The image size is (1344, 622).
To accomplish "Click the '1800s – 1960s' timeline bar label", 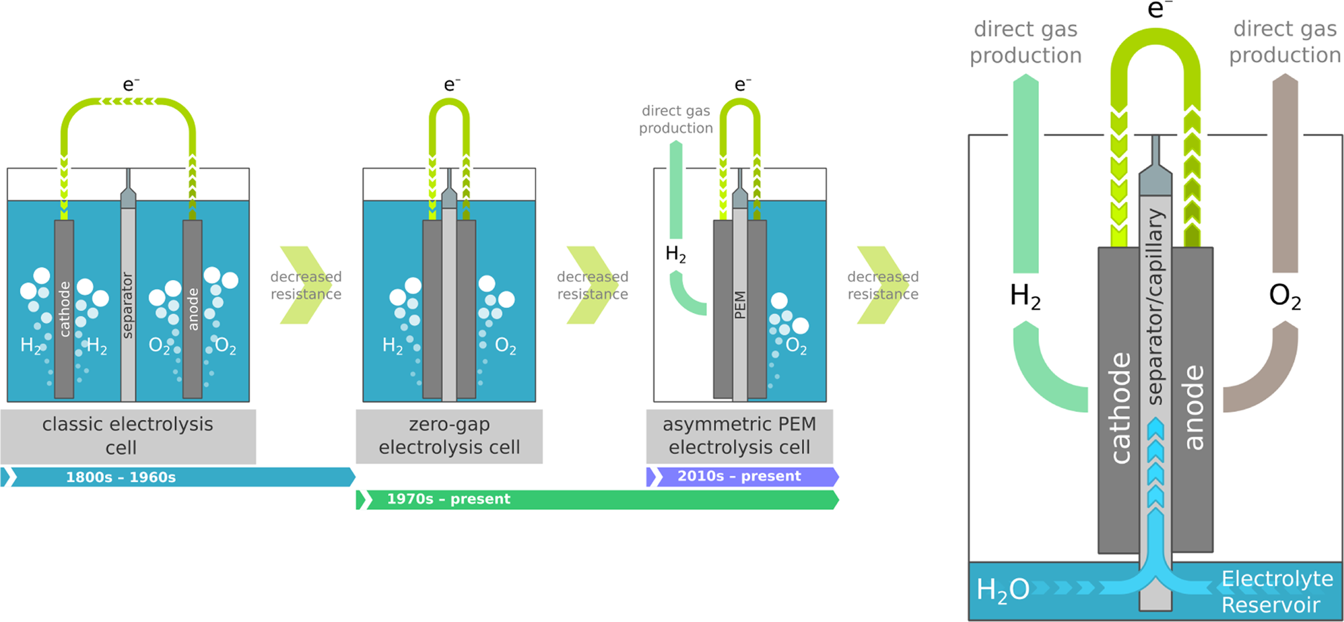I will click(121, 477).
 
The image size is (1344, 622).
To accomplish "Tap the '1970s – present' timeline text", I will click(448, 499).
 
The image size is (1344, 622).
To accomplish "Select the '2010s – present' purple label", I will click(739, 477).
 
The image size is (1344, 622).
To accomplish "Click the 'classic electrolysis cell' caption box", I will click(127, 436).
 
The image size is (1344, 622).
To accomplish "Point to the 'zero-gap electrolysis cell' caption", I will click(449, 436).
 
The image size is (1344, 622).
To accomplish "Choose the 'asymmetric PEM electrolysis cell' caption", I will click(739, 436).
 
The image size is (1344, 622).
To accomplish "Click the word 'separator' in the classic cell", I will click(128, 305).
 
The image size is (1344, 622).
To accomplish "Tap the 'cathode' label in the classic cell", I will click(65, 309).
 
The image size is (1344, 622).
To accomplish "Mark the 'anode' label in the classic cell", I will click(193, 309).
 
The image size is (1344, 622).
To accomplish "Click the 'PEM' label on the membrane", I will click(740, 305).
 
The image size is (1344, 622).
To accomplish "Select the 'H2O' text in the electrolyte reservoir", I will click(1003, 590).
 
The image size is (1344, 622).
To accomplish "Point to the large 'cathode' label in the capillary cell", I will click(1120, 408).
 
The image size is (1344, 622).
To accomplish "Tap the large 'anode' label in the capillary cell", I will click(1193, 408).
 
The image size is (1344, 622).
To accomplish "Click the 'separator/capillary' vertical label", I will click(1155, 306).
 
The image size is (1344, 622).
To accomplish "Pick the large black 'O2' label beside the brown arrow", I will click(1285, 296).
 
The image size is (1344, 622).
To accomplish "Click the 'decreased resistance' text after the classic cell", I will click(306, 285).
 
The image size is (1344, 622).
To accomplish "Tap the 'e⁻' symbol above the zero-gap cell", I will click(451, 85).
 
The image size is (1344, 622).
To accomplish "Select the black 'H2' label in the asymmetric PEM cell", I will click(675, 254).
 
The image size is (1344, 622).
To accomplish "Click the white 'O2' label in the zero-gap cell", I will click(506, 346).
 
